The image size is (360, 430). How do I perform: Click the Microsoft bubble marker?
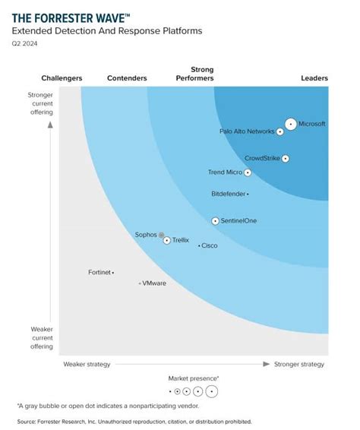(290, 124)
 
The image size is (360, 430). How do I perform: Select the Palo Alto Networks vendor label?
(247, 131)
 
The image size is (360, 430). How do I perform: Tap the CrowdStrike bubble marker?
(286, 159)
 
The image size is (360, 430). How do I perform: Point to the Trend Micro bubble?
(248, 172)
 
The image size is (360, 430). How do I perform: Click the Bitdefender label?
(228, 194)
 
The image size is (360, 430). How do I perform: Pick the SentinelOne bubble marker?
(215, 221)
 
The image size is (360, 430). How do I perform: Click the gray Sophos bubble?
(161, 235)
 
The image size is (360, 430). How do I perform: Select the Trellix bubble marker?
(167, 240)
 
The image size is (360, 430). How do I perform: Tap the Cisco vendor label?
(210, 245)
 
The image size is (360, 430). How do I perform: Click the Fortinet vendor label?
(99, 271)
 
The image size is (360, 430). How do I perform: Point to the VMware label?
(154, 283)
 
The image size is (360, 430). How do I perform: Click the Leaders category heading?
(314, 78)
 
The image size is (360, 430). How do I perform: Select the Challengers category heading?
(61, 78)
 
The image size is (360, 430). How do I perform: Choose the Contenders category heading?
(127, 78)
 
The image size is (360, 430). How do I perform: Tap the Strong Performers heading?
(195, 74)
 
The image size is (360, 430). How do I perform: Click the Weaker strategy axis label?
(87, 364)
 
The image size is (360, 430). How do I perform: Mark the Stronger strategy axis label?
(298, 364)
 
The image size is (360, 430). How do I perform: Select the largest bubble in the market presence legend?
(211, 392)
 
